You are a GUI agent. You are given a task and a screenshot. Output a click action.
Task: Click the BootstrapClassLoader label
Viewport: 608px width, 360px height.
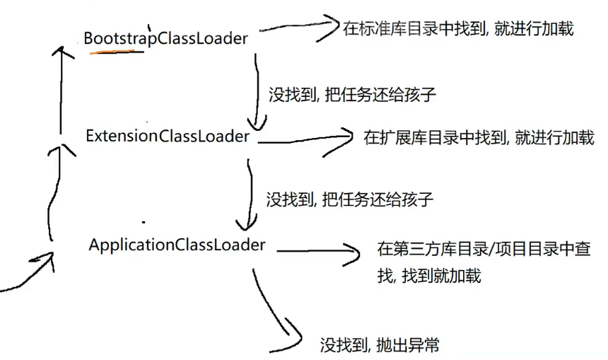coord(165,38)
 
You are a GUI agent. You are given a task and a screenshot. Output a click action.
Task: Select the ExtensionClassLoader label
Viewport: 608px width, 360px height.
coord(168,136)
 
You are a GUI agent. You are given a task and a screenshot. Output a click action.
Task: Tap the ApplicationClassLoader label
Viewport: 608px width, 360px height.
coord(177,245)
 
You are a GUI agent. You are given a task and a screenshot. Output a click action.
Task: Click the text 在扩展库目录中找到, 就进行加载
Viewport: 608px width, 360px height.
coord(479,137)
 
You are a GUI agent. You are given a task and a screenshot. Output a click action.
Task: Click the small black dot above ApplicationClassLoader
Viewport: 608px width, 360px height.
coord(144,221)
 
